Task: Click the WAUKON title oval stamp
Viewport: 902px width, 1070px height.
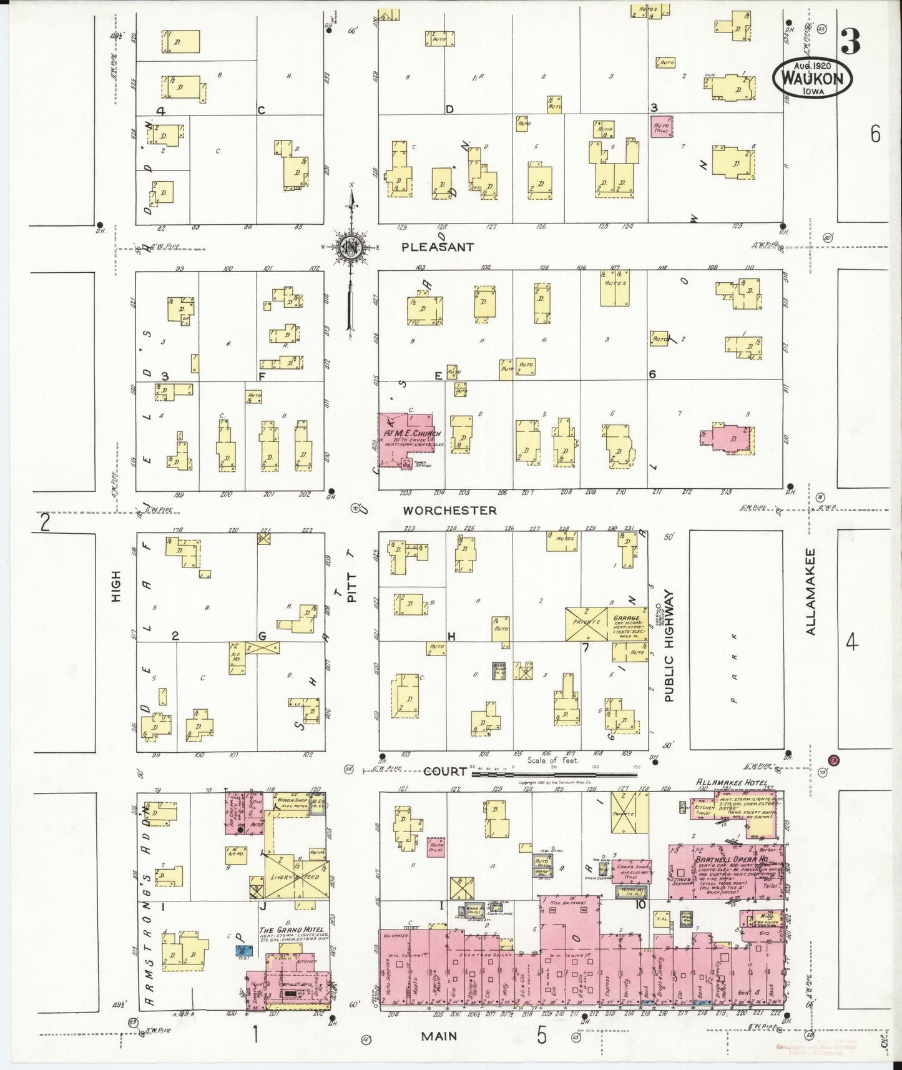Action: [x=812, y=79]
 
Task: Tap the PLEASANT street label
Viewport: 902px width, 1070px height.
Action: [x=437, y=247]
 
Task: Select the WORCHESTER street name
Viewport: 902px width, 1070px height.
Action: [x=449, y=511]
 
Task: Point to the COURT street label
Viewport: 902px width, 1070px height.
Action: [x=445, y=772]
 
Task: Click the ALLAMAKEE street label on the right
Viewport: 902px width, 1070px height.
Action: [x=810, y=592]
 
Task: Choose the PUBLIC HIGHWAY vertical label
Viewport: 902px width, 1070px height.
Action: [x=669, y=645]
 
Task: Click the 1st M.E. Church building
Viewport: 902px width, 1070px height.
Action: [x=406, y=437]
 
